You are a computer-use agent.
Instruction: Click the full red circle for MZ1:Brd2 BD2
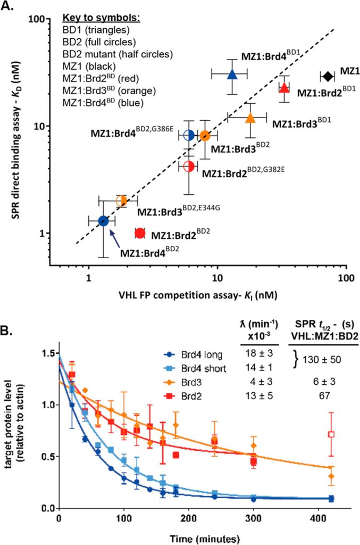tap(140, 233)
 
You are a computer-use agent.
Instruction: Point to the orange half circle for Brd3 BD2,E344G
tap(122, 201)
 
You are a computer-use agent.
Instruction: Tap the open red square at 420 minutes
tap(331, 434)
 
